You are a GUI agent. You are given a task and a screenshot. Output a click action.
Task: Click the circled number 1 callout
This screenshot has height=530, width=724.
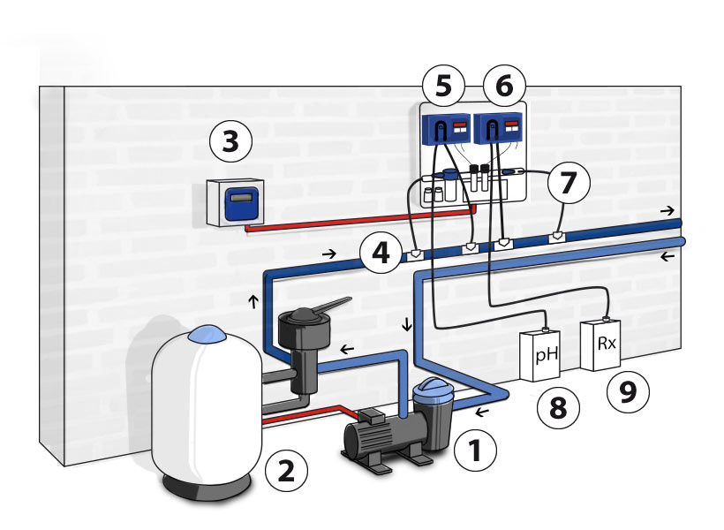coord(474,450)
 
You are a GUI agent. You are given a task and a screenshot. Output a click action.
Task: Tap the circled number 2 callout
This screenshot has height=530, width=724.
coord(285,470)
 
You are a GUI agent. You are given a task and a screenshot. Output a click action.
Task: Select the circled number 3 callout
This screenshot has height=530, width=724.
coord(230,141)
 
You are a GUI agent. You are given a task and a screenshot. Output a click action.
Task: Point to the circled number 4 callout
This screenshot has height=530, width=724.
coord(381,254)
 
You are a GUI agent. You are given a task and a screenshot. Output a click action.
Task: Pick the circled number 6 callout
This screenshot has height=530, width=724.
coord(503,86)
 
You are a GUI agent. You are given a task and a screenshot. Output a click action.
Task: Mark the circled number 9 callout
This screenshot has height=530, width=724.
coord(627,391)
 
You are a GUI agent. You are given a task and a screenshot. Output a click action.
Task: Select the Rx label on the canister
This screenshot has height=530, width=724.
coord(606,342)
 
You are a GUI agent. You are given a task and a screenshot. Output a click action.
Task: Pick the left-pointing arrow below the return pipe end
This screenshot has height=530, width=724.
coord(667,256)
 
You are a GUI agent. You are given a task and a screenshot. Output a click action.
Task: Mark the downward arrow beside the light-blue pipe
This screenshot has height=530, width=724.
coord(407,324)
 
